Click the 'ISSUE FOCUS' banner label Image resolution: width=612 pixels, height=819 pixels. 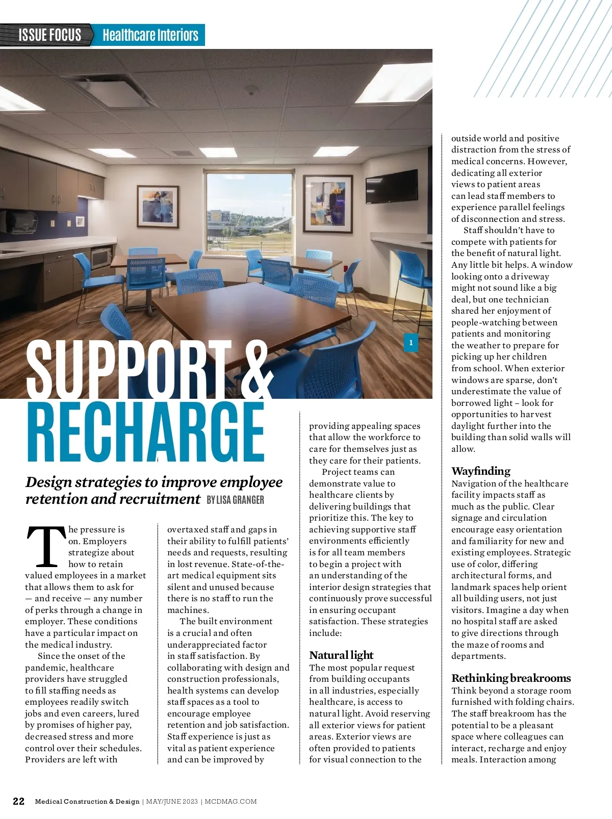[x=49, y=35]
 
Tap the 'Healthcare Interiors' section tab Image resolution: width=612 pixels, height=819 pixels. [x=150, y=35]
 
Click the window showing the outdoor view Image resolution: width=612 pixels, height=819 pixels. [x=250, y=213]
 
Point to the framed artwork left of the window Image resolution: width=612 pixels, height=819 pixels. [x=158, y=206]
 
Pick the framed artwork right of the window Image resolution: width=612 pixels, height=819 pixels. [x=327, y=204]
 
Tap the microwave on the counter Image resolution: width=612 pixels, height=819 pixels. [x=101, y=258]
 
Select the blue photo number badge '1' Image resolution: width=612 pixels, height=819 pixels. [x=411, y=343]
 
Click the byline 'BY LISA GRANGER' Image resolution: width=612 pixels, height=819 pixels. [x=235, y=500]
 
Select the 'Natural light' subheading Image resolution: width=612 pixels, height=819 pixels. [x=341, y=655]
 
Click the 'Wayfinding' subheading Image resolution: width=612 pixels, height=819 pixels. [x=480, y=471]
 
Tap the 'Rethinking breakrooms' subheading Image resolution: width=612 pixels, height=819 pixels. [x=511, y=678]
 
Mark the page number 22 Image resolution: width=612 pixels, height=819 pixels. [x=18, y=801]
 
